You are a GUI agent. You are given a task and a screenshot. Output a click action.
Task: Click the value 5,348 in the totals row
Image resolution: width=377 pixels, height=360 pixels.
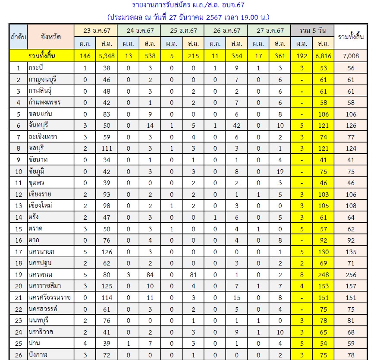tap(107, 56)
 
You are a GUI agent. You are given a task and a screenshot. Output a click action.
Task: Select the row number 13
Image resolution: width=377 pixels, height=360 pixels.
tap(19, 205)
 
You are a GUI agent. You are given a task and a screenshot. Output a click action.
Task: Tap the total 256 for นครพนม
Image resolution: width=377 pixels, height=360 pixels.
tap(351, 274)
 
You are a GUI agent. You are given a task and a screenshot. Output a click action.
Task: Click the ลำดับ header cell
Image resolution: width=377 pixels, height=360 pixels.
tap(19, 37)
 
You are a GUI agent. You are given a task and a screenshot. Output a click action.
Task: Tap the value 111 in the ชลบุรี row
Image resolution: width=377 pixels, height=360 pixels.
tap(107, 148)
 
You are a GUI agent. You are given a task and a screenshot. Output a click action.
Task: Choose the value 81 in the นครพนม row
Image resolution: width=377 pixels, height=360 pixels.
tap(193, 274)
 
